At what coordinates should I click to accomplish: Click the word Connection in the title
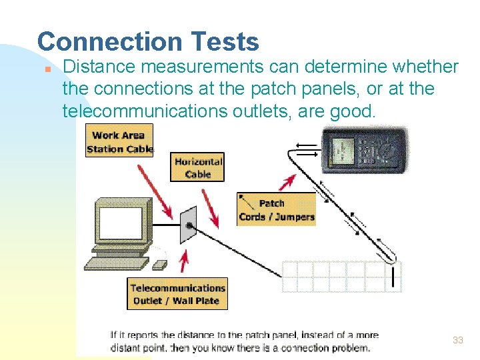coord(98,42)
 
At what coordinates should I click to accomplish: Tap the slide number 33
coord(457,340)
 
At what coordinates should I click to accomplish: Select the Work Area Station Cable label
coord(119,141)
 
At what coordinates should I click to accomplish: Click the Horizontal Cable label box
coord(197,167)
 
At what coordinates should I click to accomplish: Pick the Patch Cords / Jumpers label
coord(276,209)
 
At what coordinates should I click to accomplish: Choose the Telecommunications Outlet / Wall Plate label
coord(177,293)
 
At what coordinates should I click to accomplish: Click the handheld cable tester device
coord(364,155)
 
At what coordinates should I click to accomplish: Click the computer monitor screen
coord(121,223)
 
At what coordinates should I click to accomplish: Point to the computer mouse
coord(159,265)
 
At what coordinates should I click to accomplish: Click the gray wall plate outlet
coord(189,225)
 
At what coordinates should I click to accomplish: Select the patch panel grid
coord(341,276)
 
